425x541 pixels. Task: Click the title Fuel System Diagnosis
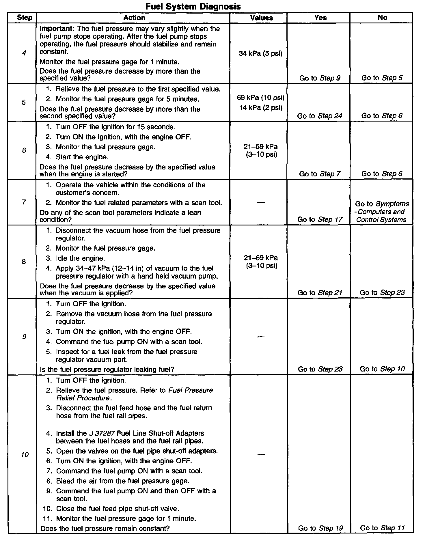tap(193, 6)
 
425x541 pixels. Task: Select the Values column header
tap(261, 18)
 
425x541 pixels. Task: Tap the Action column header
tap(134, 18)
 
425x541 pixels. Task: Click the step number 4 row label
tap(24, 53)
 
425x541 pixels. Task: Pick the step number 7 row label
tap(24, 202)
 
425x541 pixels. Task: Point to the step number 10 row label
tap(25, 455)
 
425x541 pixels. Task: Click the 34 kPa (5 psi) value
tap(260, 53)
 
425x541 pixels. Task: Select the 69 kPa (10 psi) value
tap(260, 98)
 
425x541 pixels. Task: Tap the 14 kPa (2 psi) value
tap(260, 108)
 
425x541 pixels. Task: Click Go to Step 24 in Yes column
tap(320, 116)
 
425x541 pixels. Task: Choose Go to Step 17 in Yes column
tap(320, 219)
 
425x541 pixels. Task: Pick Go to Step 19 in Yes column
tap(320, 528)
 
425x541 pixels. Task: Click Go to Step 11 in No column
tap(382, 528)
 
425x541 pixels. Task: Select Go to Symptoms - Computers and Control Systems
tap(382, 212)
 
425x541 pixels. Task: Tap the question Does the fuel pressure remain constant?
tap(105, 528)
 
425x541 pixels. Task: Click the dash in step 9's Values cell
tap(260, 337)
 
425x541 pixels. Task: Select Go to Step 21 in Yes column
tap(320, 293)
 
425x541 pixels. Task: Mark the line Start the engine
tap(82, 157)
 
